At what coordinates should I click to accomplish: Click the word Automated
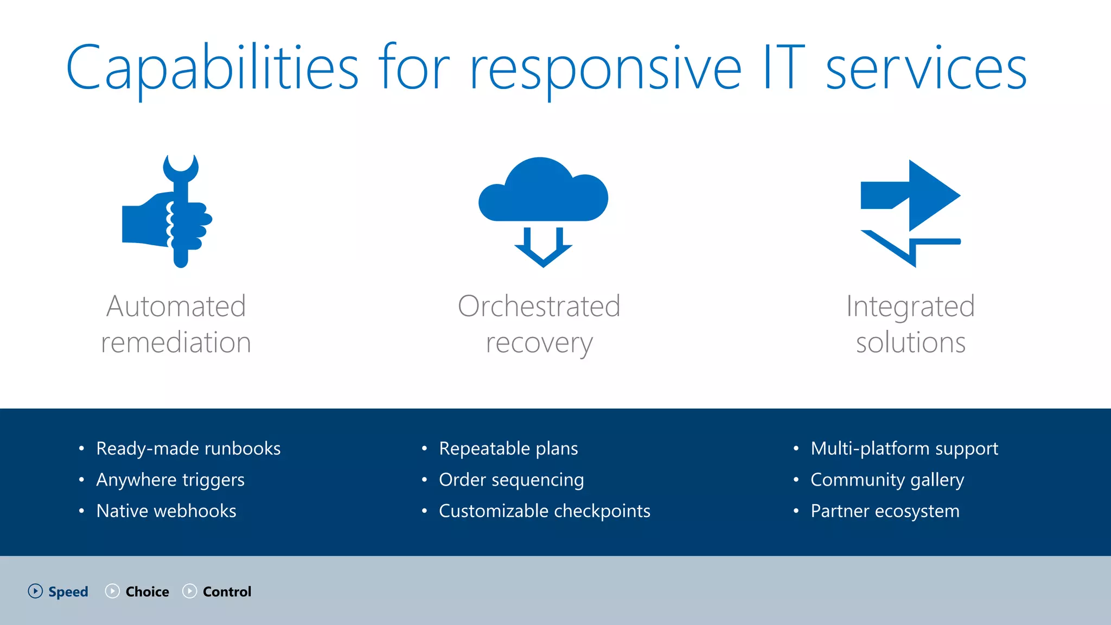pyautogui.click(x=176, y=306)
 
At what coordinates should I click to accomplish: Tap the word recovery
pyautogui.click(x=539, y=343)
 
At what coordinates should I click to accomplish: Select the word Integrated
pyautogui.click(x=910, y=306)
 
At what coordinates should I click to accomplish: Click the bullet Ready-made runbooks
pyautogui.click(x=188, y=449)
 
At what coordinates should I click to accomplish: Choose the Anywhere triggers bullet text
pyautogui.click(x=170, y=480)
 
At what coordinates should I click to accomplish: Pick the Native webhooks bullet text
pyautogui.click(x=166, y=511)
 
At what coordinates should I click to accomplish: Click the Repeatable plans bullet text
pyautogui.click(x=508, y=449)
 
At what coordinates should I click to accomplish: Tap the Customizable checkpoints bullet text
pyautogui.click(x=544, y=511)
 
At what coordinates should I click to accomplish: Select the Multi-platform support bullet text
pyautogui.click(x=904, y=449)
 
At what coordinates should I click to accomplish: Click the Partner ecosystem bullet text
pyautogui.click(x=885, y=511)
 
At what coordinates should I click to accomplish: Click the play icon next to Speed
pyautogui.click(x=35, y=591)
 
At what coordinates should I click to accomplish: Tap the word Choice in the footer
pyautogui.click(x=147, y=591)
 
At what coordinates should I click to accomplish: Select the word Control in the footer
pyautogui.click(x=227, y=591)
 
